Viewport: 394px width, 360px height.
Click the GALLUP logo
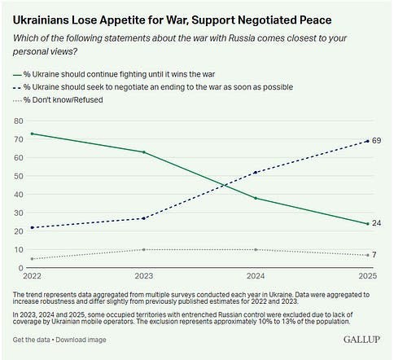(363, 338)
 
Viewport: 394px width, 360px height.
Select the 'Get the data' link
(31, 339)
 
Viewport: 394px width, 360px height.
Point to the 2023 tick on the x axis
(143, 276)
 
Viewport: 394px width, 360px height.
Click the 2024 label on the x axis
(256, 276)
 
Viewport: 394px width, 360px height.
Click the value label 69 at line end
(377, 141)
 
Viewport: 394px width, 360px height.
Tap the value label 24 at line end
(377, 223)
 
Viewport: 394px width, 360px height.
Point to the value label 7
(375, 255)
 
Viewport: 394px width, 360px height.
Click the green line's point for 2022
(31, 134)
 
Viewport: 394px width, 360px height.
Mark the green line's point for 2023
(143, 152)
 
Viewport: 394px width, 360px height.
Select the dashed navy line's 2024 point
(256, 172)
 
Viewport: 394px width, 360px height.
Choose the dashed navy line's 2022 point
(31, 227)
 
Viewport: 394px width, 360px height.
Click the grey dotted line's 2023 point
(143, 249)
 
